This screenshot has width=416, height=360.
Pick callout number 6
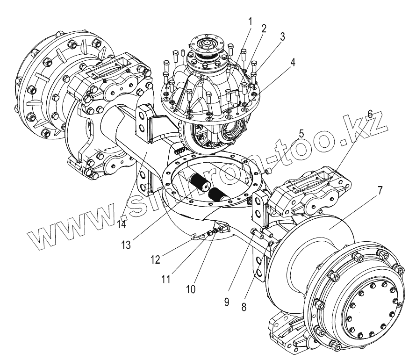coord(369,114)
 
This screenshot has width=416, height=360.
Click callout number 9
coord(227,302)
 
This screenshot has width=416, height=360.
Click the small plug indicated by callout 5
coord(269,172)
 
